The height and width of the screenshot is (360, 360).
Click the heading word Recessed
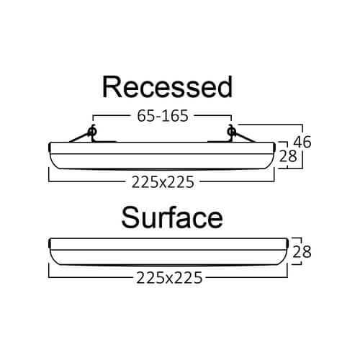pyautogui.click(x=167, y=87)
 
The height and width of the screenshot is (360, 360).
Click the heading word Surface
pyautogui.click(x=172, y=217)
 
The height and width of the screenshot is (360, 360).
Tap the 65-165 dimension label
pyautogui.click(x=163, y=116)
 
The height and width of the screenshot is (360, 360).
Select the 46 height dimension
pyautogui.click(x=302, y=142)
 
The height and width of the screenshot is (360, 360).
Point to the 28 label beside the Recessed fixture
pyautogui.click(x=288, y=156)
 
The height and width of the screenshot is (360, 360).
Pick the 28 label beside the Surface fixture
pyautogui.click(x=302, y=252)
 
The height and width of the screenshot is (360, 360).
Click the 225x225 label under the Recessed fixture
pyautogui.click(x=163, y=182)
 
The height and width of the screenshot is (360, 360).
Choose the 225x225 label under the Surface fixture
pyautogui.click(x=169, y=278)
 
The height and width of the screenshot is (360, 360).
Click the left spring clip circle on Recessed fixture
pyautogui.click(x=91, y=131)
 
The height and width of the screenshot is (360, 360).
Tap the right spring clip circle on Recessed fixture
pyautogui.click(x=231, y=131)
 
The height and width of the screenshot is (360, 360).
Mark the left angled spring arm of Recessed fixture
pyautogui.click(x=78, y=138)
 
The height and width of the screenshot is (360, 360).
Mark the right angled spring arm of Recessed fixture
pyautogui.click(x=245, y=138)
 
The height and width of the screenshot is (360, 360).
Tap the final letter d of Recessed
pyautogui.click(x=224, y=87)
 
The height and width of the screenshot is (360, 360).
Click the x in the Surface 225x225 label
pyautogui.click(x=169, y=279)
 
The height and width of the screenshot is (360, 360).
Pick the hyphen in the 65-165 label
pyautogui.click(x=158, y=117)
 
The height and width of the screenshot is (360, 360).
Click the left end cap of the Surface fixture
pyautogui.click(x=50, y=243)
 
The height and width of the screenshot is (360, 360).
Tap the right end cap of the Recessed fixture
pyautogui.click(x=274, y=147)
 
